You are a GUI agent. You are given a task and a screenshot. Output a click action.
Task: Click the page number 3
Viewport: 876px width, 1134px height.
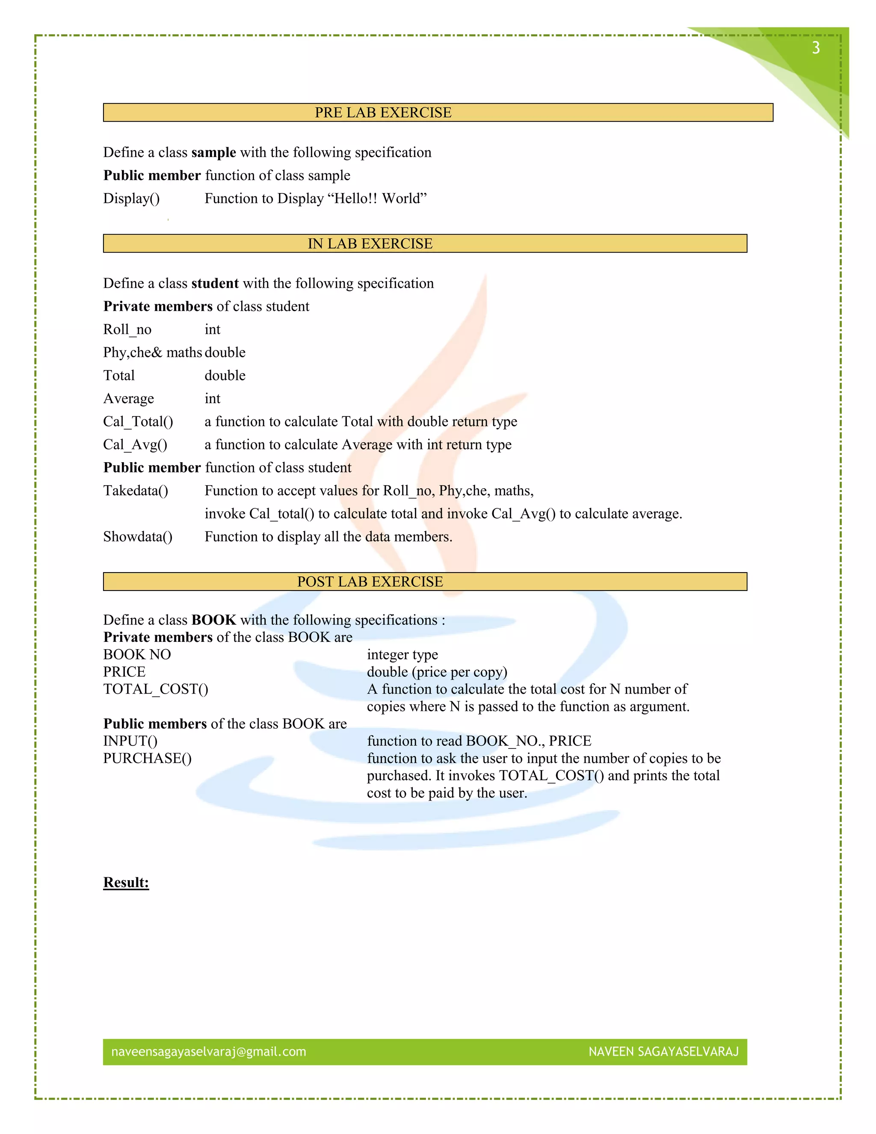click(816, 48)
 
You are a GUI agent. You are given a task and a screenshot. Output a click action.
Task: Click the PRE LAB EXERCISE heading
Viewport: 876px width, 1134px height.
click(383, 113)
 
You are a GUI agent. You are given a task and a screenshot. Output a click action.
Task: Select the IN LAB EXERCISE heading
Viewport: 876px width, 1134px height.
click(370, 243)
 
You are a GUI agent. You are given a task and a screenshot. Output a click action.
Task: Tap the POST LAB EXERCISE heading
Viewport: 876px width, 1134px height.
click(370, 582)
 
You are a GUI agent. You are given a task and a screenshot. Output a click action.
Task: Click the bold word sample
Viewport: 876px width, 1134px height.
click(213, 152)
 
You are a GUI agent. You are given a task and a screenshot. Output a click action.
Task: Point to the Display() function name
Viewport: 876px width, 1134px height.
click(131, 199)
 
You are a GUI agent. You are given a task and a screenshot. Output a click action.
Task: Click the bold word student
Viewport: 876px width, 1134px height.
click(215, 283)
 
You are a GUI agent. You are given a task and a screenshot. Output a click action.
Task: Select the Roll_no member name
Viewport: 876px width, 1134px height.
click(127, 329)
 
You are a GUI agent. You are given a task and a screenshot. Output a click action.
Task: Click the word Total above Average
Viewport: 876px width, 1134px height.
click(119, 375)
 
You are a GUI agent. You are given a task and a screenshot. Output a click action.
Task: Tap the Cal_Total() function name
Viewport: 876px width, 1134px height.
click(138, 421)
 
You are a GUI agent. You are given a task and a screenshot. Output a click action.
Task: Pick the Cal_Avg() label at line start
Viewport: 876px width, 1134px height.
click(135, 445)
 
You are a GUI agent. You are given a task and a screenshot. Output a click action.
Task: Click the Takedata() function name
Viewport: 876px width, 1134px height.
click(136, 491)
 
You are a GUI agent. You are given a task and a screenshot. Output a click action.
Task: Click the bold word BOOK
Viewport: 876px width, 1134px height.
click(213, 620)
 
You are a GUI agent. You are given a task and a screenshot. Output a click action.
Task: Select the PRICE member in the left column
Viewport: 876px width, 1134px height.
click(124, 672)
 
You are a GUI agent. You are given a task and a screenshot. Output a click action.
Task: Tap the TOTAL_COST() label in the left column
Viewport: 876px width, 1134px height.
click(156, 689)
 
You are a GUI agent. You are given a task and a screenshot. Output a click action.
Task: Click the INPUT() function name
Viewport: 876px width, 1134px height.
click(130, 741)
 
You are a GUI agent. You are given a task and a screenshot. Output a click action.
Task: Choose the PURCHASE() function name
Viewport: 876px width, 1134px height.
click(148, 759)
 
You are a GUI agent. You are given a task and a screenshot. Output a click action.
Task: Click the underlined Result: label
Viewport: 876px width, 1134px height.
click(126, 883)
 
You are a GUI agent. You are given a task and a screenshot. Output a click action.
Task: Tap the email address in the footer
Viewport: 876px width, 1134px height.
click(209, 1051)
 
